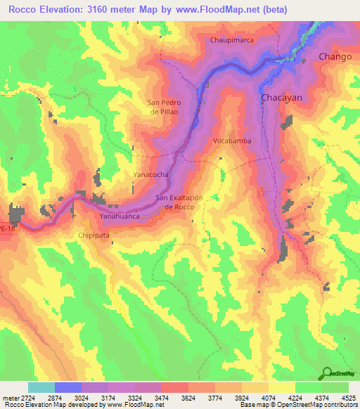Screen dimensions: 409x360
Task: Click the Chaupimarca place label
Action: (x=232, y=40)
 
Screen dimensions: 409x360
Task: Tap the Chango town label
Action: (x=335, y=56)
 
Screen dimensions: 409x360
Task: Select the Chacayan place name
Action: (x=281, y=98)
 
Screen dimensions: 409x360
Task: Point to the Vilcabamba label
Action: (x=232, y=141)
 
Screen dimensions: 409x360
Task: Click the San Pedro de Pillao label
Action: (x=165, y=107)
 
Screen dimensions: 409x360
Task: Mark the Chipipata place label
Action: (x=95, y=237)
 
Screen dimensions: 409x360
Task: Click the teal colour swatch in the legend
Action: (x=41, y=387)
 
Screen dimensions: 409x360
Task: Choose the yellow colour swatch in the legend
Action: (x=282, y=387)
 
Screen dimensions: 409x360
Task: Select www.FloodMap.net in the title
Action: (x=221, y=10)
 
